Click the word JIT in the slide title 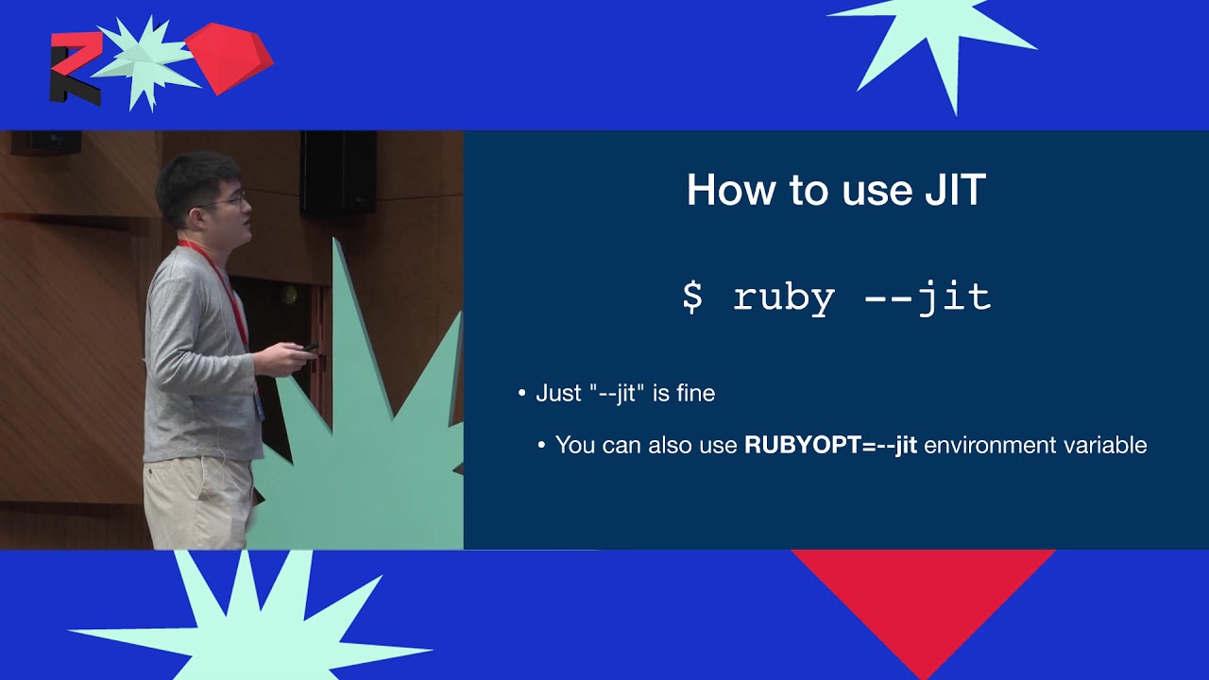[955, 190]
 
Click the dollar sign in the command [692, 297]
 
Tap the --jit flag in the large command [928, 297]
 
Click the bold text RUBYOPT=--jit [830, 445]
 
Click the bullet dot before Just [521, 394]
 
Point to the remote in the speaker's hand [310, 348]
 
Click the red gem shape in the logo [230, 58]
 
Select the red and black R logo [76, 68]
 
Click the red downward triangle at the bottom [924, 607]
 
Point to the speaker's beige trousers [197, 501]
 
